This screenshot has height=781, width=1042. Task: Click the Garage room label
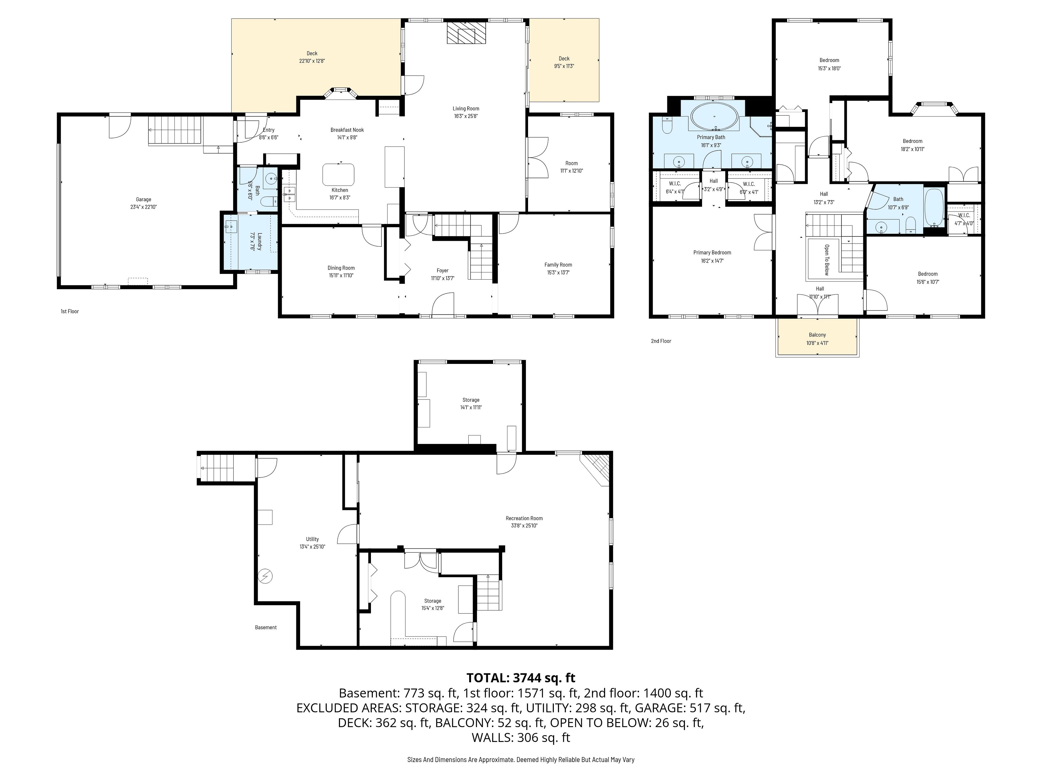pyautogui.click(x=144, y=200)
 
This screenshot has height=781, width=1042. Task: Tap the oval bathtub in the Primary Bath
pyautogui.click(x=714, y=116)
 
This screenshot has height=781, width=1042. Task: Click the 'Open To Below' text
pyautogui.click(x=826, y=260)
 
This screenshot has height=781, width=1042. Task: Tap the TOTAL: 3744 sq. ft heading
pyautogui.click(x=520, y=678)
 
